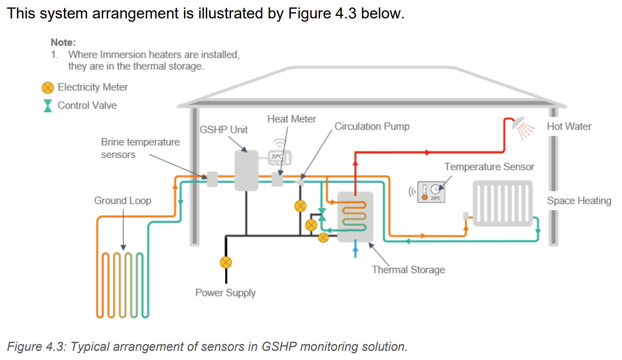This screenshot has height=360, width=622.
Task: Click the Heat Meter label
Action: point(291,119)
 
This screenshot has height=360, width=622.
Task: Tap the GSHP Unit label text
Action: point(224,130)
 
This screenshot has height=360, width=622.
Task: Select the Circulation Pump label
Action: point(372,127)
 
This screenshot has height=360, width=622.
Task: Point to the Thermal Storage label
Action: point(408,270)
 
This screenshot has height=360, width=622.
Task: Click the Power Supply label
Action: point(225,293)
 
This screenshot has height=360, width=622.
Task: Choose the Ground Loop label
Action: point(123,201)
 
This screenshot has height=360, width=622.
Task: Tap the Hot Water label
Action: point(569,127)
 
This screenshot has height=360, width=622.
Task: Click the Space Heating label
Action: point(579,201)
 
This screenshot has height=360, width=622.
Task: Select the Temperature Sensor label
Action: point(489,167)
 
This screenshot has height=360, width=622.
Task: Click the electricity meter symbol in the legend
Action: point(48,88)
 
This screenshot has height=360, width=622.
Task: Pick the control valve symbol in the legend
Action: point(48,106)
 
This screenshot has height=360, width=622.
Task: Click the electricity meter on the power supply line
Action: point(226,262)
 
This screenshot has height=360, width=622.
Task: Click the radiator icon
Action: point(502,203)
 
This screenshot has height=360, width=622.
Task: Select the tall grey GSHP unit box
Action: point(246,171)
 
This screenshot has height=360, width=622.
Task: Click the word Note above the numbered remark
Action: point(63,43)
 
